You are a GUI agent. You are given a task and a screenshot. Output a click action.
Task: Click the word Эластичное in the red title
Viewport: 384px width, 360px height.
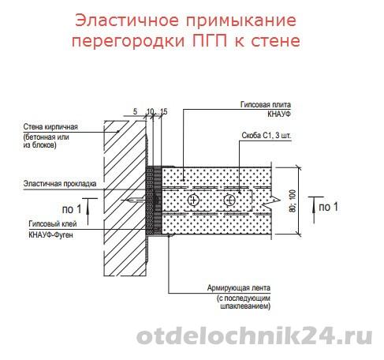pyautogui.click(x=127, y=21)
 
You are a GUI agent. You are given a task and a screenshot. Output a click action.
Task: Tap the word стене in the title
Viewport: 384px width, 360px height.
pyautogui.click(x=275, y=41)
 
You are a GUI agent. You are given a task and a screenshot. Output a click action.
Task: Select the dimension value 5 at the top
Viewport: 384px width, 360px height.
pyautogui.click(x=135, y=111)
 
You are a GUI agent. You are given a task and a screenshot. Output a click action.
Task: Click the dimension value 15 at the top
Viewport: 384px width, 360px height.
pyautogui.click(x=163, y=111)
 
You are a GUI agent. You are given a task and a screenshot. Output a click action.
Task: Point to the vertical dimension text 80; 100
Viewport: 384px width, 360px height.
pyautogui.click(x=293, y=201)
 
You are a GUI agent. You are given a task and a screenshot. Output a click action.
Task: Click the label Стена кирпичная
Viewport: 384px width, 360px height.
pyautogui.click(x=50, y=127)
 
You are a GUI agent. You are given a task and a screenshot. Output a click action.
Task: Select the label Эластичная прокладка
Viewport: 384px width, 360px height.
pyautogui.click(x=60, y=183)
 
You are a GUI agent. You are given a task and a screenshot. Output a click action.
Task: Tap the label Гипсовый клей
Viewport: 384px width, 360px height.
pyautogui.click(x=53, y=223)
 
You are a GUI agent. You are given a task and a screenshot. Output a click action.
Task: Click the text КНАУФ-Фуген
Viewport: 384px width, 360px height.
pyautogui.click(x=50, y=234)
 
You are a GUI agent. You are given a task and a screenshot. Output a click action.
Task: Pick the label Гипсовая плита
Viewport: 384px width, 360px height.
pyautogui.click(x=266, y=104)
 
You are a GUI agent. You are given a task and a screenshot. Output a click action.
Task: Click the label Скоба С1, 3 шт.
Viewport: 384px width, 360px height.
pyautogui.click(x=267, y=136)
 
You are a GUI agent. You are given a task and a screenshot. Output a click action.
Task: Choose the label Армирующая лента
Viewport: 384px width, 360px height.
pyautogui.click(x=239, y=287)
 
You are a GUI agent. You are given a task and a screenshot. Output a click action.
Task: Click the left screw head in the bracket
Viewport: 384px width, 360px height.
pyautogui.click(x=194, y=200)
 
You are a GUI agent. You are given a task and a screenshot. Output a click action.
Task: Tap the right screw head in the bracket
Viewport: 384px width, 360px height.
pyautogui.click(x=229, y=200)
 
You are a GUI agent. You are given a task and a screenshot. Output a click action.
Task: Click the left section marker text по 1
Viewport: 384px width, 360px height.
pyautogui.click(x=72, y=209)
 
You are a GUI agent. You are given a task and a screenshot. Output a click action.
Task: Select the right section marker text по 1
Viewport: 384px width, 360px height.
pyautogui.click(x=328, y=207)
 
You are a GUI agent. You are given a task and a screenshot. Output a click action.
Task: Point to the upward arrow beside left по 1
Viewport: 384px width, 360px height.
pyautogui.click(x=88, y=212)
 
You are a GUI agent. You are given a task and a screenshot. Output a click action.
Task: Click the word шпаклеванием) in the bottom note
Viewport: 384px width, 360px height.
pyautogui.click(x=244, y=306)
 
